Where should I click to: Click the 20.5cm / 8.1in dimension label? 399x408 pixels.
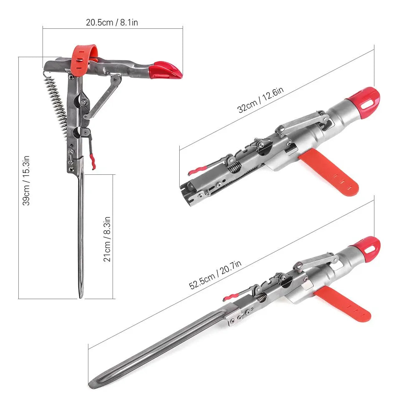[112, 23]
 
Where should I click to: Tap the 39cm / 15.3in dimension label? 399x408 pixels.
[26, 180]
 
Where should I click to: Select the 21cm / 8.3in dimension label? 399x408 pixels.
[107, 239]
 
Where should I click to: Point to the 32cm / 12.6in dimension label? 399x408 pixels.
[261, 100]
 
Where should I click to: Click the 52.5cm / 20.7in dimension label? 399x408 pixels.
[216, 275]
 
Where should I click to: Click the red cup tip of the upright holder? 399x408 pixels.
[165, 70]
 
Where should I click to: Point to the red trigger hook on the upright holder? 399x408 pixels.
[92, 161]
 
